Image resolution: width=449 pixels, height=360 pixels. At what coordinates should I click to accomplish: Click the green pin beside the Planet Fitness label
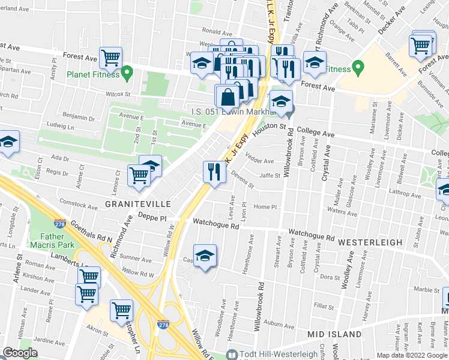127,73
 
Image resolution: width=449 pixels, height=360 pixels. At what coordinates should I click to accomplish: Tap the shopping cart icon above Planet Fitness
110,58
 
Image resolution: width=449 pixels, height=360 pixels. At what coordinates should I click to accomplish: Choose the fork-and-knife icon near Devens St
214,172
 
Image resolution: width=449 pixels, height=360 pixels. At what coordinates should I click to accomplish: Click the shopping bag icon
228,97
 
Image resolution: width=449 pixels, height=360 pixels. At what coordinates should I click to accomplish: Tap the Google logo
20,353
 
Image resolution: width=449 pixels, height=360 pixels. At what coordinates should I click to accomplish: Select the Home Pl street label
264,207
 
